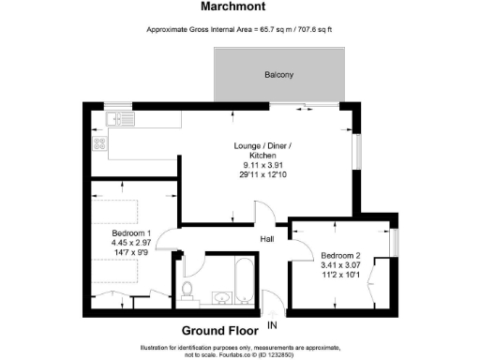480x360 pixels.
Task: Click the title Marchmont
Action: (x=240, y=7)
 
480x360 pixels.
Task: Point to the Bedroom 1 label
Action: (x=131, y=232)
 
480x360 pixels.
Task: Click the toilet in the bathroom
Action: (x=187, y=290)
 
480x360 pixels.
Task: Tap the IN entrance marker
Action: (x=273, y=325)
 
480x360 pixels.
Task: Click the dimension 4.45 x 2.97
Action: (x=131, y=242)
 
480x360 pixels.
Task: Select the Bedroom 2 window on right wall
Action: (x=394, y=242)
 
